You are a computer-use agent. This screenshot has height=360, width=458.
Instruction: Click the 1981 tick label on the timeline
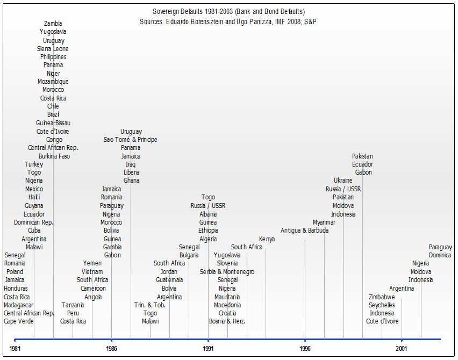click(x=15, y=348)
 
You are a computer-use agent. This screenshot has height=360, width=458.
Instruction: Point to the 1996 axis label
click(x=305, y=348)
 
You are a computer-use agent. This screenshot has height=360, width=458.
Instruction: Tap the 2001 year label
click(x=402, y=348)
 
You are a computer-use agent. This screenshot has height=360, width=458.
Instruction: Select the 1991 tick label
click(x=208, y=348)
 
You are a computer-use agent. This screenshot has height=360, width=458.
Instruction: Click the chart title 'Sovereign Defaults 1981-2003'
click(x=228, y=11)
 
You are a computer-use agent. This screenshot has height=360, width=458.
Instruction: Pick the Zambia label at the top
click(x=53, y=24)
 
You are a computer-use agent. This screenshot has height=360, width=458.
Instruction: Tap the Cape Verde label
click(x=18, y=321)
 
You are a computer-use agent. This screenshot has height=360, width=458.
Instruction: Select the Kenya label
click(x=267, y=239)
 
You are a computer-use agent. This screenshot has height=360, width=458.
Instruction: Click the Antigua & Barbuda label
click(x=304, y=231)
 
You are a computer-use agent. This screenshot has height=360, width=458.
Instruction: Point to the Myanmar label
click(x=324, y=222)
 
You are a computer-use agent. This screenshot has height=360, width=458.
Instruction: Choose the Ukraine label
click(x=343, y=181)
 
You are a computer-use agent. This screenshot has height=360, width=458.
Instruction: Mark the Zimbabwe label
click(x=382, y=297)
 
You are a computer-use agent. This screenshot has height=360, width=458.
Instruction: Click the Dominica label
click(x=440, y=255)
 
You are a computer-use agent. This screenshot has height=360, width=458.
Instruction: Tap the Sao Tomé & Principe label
click(x=131, y=140)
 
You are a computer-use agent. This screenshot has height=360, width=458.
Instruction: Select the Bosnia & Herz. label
click(x=227, y=321)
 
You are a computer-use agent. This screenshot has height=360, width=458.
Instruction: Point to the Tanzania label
click(x=73, y=305)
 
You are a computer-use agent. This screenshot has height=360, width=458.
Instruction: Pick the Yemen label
click(x=92, y=263)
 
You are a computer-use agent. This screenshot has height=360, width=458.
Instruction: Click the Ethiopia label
click(x=208, y=231)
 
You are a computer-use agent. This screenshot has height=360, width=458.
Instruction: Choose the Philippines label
click(x=53, y=57)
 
